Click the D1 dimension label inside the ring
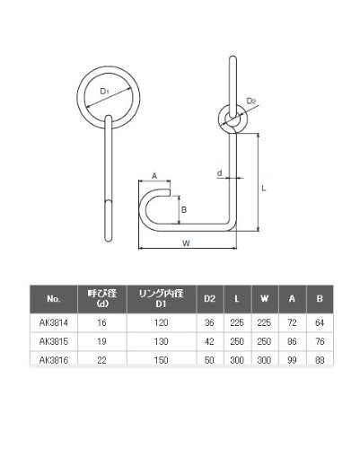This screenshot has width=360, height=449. tap(104, 92)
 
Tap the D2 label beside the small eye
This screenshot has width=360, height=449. tap(251, 101)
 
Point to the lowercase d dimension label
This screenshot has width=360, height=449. tap(220, 172)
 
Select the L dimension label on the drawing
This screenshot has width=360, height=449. tap(263, 189)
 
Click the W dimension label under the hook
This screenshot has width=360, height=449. tap(186, 243)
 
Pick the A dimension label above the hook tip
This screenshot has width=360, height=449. tap(154, 176)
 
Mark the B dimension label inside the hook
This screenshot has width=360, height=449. tap(184, 209)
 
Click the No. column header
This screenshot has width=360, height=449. tap(54, 299)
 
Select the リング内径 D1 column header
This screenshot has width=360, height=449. tap(161, 298)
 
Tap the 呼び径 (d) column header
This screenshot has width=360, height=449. tap(102, 298)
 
